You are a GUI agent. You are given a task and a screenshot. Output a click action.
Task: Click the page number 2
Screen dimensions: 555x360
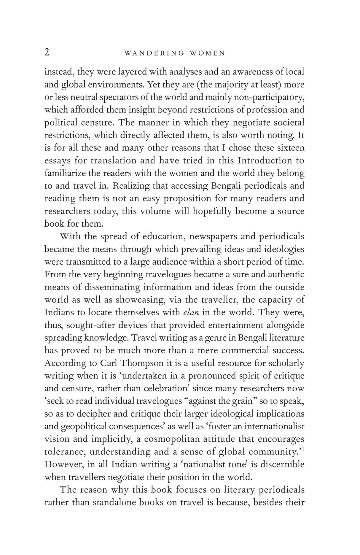pyautogui.click(x=47, y=53)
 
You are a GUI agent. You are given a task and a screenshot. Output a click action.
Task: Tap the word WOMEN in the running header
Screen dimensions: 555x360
pyautogui.click(x=207, y=53)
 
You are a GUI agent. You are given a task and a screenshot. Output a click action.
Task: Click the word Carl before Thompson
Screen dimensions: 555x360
pyautogui.click(x=107, y=363)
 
